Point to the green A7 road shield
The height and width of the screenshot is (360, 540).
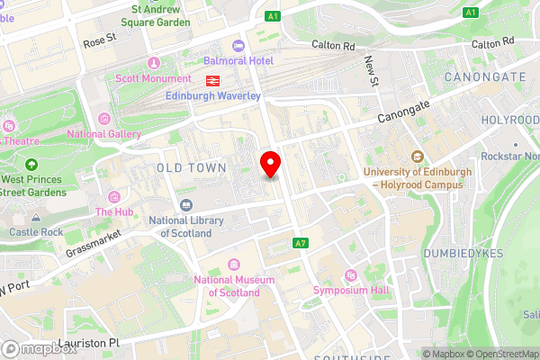301,244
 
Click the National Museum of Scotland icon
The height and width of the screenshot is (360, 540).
234,265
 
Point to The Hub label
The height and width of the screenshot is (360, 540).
114,212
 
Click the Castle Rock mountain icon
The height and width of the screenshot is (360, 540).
36,218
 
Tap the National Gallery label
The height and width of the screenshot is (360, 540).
104,134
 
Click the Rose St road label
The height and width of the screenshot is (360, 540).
100,40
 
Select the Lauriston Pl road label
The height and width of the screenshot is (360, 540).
88,343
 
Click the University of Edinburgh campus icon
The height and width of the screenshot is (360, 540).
417,156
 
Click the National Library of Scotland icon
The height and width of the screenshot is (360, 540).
186,207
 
